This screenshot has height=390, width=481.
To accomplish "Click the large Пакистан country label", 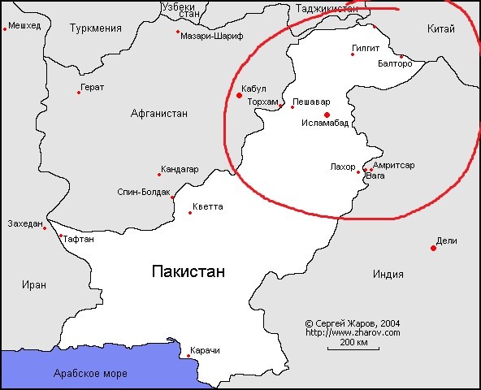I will pos(188,271).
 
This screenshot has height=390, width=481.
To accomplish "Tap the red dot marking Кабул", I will pos(239,95).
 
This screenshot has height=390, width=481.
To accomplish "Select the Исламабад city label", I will pos(325,123).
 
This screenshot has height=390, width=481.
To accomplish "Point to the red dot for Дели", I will pos(433,248).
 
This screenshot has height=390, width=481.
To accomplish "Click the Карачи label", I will pos(205,350).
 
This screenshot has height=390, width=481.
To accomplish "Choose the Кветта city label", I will pos(208,206).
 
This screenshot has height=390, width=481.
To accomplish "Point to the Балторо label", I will pos(396,63).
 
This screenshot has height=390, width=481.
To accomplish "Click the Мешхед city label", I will pos(24,26).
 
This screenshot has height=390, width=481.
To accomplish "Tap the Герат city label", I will pos(92,87).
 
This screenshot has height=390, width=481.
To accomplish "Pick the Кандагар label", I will pos(180,169).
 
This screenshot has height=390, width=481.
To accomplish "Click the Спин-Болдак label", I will pos(143,193).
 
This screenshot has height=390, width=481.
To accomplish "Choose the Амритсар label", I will pos(393,165).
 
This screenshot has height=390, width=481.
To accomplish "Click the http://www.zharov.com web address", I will pos(353,332).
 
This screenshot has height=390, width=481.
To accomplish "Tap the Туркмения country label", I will pos(96,28).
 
